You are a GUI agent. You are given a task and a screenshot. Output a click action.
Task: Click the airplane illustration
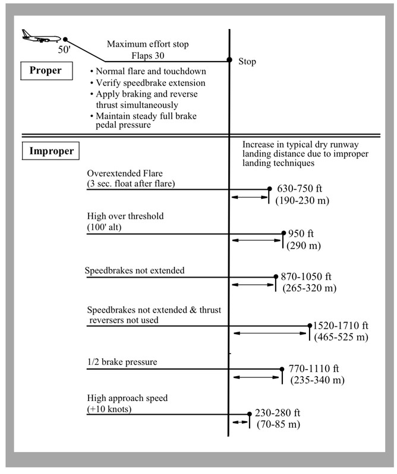pos(41,36)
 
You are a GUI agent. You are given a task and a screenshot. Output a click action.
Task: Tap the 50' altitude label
pos(64,49)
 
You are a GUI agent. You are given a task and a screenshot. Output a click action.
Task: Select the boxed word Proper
pos(45,70)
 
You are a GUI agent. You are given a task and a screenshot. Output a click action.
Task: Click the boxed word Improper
pos(51,151)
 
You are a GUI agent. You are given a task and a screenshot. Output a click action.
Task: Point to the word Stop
pos(247,62)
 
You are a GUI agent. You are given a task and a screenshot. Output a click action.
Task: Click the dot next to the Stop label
pos(229,60)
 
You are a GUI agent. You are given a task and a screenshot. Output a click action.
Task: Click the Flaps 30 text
pos(148,56)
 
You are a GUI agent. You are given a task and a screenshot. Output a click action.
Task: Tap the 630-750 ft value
pos(299,189)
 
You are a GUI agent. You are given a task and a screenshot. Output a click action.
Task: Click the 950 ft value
pos(301,234)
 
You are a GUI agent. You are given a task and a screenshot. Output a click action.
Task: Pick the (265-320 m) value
pos(310,288)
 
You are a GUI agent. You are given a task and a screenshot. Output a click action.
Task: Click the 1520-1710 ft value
pos(341,326)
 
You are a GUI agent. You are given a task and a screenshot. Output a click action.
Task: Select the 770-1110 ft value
pos(313,369)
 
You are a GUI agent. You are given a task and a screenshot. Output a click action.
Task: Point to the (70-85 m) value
pos(278,424)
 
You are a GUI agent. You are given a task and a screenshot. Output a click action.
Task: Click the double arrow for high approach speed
pos(241,422)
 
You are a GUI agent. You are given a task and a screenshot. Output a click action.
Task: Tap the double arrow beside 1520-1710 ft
pos(270,333)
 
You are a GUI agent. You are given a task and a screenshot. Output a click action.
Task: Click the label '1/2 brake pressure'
pos(122,362)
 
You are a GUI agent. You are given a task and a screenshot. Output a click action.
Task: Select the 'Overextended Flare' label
pos(125,173)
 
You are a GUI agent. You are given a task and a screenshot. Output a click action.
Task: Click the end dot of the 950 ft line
pos(283,233)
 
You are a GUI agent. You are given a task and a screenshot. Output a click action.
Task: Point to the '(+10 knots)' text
pos(109,409)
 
